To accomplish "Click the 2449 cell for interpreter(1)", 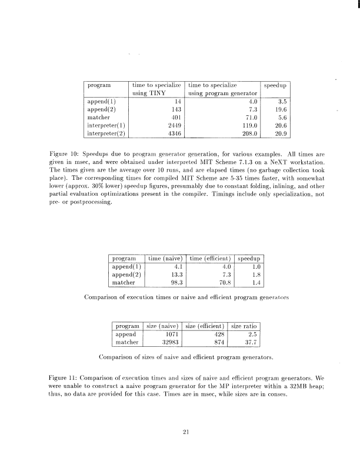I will click(171, 125).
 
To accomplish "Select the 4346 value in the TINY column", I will click(171, 133).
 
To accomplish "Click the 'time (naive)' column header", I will click(164, 257).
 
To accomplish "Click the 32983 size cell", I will click(169, 342).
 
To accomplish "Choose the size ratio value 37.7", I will click(252, 342).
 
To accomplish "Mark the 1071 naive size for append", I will click(171, 334).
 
